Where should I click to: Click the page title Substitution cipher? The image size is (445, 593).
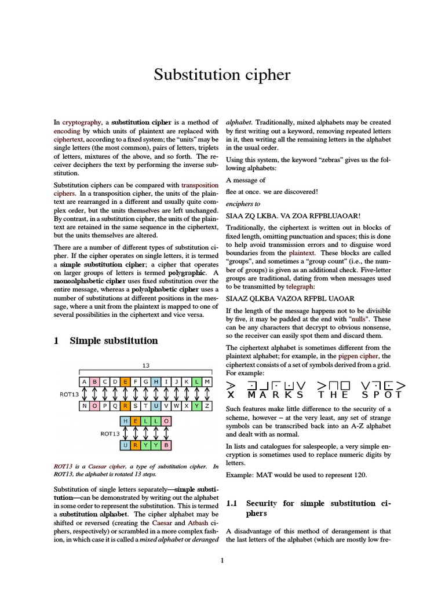(222, 75)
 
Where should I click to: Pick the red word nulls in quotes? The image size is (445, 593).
(358, 319)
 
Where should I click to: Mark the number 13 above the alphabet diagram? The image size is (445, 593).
(147, 365)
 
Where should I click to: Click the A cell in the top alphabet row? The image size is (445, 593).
(85, 382)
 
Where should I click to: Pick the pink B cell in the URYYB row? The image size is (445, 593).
(167, 445)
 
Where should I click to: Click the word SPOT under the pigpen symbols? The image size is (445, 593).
(382, 395)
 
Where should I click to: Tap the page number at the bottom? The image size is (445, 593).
(222, 560)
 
